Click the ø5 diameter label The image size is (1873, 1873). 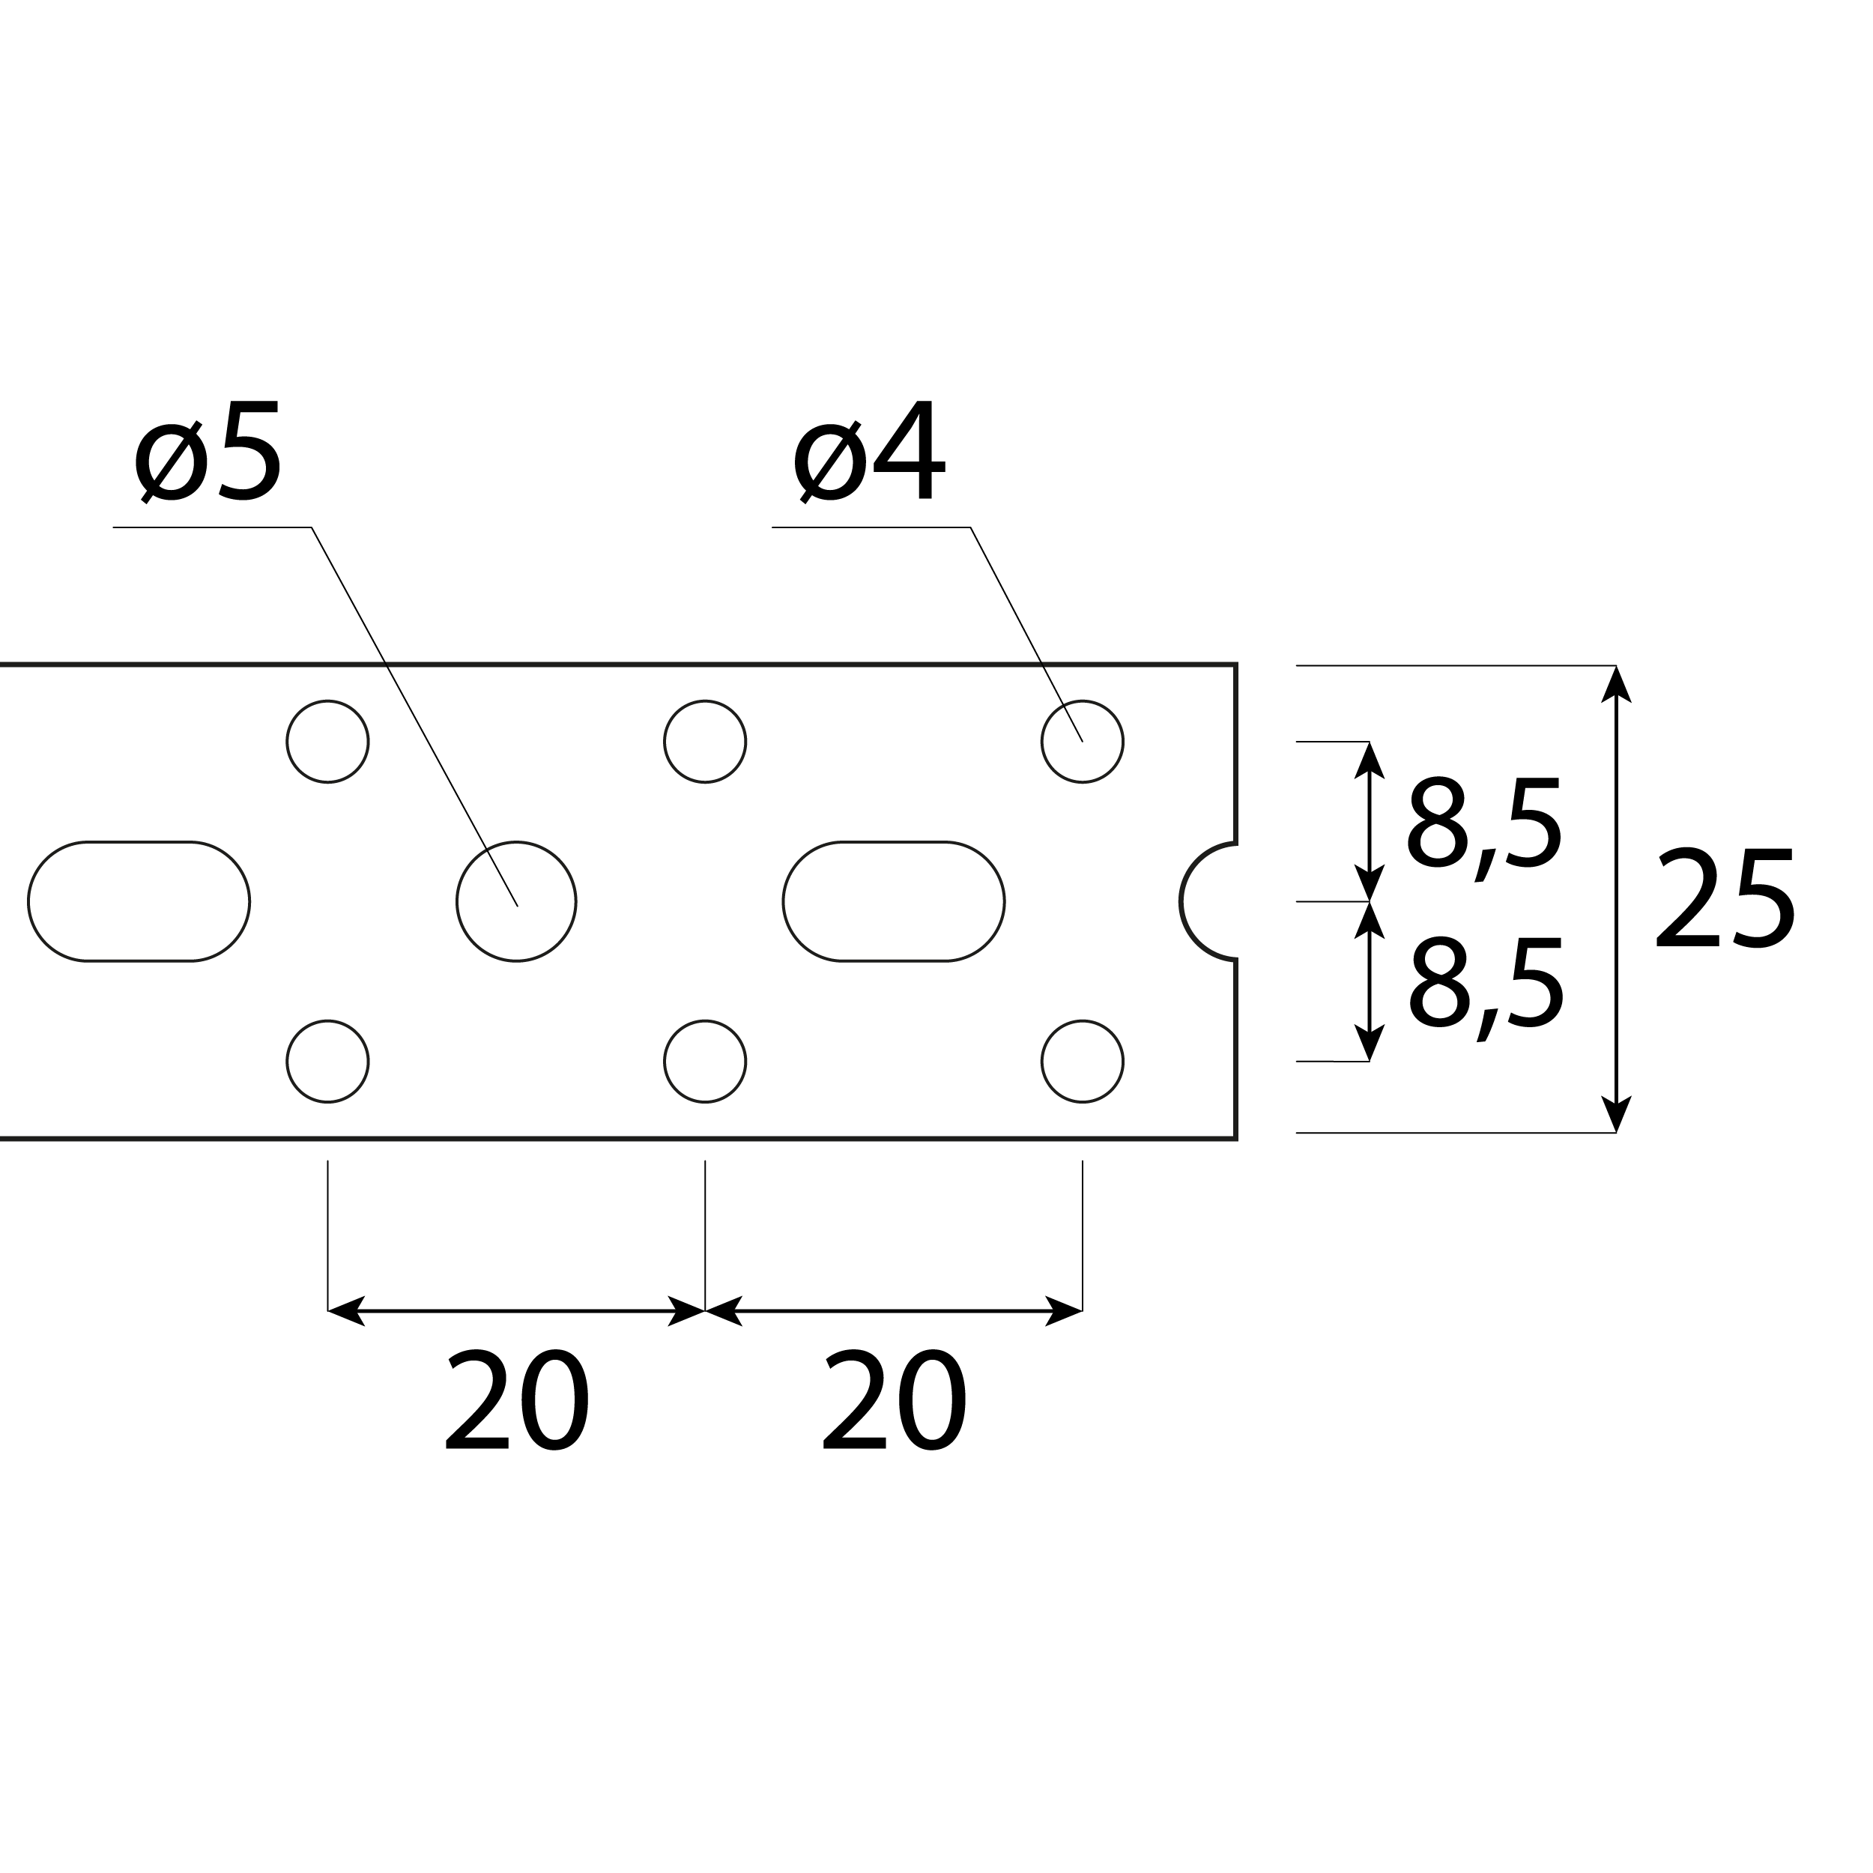point(208,453)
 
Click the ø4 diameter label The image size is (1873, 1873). point(868,453)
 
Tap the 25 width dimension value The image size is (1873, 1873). point(1725,899)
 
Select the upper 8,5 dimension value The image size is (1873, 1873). point(1483,823)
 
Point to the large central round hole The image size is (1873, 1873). point(517,901)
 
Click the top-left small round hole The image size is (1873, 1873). point(327,742)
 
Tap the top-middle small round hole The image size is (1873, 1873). point(705,742)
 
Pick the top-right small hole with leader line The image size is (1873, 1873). point(1082,742)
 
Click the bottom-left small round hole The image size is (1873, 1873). point(327,1062)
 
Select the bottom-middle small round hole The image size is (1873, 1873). point(705,1062)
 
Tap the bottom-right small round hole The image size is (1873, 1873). point(1082,1062)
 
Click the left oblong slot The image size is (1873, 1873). point(139,901)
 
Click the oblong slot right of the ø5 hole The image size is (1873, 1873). point(894,901)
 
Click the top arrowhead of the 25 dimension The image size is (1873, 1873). point(1615,683)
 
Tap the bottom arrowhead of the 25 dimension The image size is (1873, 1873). point(1615,1115)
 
